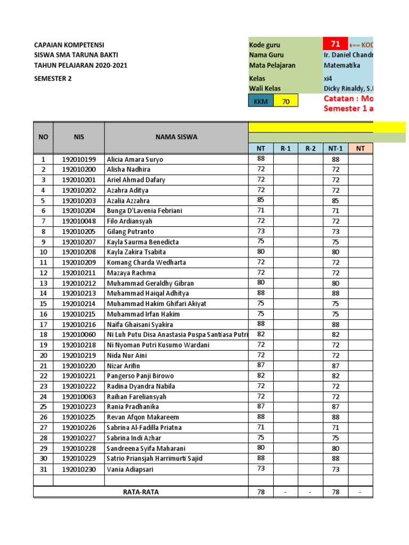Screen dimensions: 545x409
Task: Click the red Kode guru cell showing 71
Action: click(336, 45)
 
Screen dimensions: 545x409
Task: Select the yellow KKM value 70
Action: click(286, 101)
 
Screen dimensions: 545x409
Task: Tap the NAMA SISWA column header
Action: click(176, 137)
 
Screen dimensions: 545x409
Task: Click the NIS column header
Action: click(79, 137)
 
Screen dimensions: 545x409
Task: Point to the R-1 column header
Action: click(285, 148)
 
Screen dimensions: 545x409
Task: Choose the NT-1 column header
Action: click(336, 148)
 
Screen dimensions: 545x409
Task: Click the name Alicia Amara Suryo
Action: click(135, 159)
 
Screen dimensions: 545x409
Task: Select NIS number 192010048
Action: click(79, 221)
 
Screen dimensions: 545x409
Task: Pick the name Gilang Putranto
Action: click(130, 232)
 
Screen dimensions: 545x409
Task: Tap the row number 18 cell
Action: click(43, 334)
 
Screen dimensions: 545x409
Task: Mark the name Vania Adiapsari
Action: click(129, 469)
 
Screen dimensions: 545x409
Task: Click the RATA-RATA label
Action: click(141, 492)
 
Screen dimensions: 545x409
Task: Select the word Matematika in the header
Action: click(342, 65)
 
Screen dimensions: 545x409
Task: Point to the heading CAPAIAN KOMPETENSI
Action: click(69, 45)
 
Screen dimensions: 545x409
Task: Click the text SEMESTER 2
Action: click(53, 79)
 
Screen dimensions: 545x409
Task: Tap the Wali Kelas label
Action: click(265, 88)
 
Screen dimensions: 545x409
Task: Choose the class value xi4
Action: click(328, 78)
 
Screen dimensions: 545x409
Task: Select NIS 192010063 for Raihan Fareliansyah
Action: click(79, 397)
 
